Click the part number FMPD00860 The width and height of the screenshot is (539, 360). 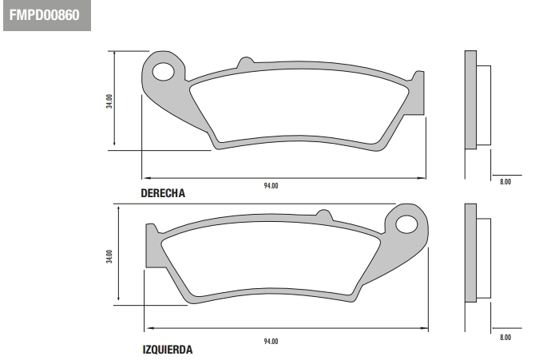pos(45,15)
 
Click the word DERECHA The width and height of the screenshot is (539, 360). pos(163,193)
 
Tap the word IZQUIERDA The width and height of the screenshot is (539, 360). pos(168,350)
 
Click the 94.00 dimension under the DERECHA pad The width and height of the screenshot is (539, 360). pos(271,186)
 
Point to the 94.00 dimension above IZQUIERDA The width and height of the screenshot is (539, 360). pos(271,342)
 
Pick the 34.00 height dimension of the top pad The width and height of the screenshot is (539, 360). pos(109,101)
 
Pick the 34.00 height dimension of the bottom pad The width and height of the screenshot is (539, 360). pos(109,256)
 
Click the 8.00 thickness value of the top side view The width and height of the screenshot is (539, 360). pos(505,182)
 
